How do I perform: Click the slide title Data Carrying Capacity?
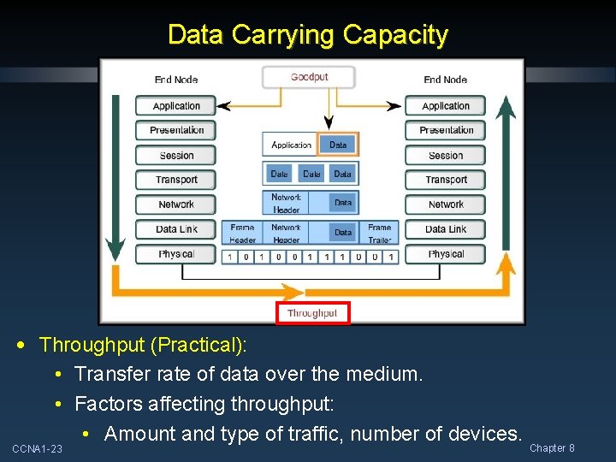[308, 35]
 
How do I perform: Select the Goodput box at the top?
[309, 77]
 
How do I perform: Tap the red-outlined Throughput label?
[312, 313]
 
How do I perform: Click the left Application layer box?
[176, 106]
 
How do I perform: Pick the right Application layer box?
[446, 106]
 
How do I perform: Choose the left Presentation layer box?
[176, 130]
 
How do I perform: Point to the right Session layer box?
[446, 156]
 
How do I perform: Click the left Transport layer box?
[176, 180]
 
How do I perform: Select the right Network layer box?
[446, 204]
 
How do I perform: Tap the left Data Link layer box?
[176, 229]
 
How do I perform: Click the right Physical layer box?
[446, 254]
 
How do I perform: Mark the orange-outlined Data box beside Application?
[338, 145]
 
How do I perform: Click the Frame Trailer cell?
[379, 234]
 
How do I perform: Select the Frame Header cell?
[243, 234]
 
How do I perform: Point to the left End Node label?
[176, 80]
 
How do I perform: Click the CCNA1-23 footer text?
[37, 449]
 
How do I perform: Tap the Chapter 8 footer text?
[552, 448]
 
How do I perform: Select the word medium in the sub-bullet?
[388, 375]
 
